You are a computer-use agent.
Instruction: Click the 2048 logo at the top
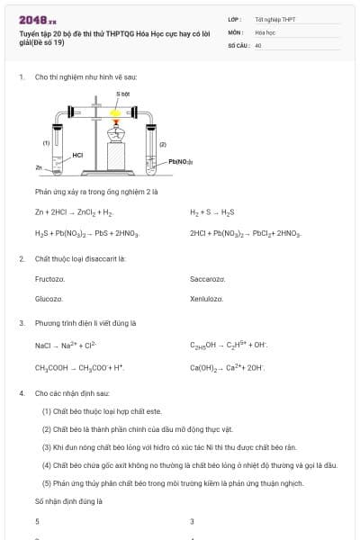pos(37,19)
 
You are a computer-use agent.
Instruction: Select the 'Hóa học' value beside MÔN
pos(265,31)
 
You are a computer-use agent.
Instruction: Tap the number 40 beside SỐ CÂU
pos(258,44)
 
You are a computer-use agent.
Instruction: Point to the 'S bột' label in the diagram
pos(122,94)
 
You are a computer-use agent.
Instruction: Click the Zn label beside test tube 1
pos(39,167)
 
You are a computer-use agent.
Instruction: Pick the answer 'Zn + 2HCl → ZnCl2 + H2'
pos(74,212)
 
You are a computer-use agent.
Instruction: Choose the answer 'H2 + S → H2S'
pos(212,212)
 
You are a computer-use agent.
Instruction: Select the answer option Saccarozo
pos(208,279)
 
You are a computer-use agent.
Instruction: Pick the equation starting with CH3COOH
pos(79,367)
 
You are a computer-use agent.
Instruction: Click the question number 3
pos(22,322)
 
